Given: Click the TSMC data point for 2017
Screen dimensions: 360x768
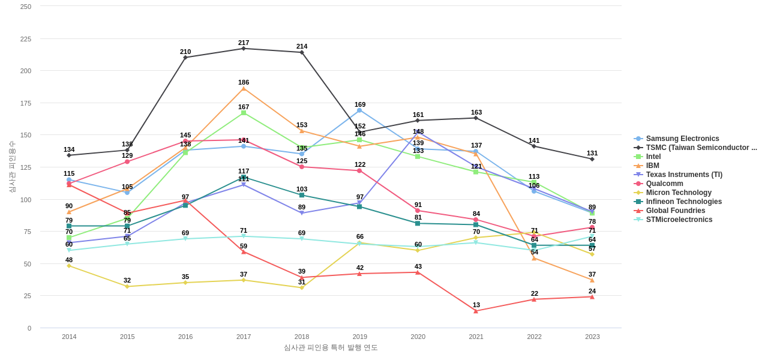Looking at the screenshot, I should [x=244, y=49].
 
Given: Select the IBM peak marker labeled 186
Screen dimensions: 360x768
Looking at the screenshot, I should [x=244, y=89].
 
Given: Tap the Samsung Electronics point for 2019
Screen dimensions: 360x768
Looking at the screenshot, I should [x=359, y=110].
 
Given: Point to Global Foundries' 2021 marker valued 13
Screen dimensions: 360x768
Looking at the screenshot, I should [x=476, y=311].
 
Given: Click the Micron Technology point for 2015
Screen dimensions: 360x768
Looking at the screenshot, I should [x=127, y=286].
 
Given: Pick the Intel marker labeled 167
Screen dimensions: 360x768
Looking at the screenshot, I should [x=244, y=113].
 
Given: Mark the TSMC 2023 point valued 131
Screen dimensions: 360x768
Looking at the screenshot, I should [x=592, y=159].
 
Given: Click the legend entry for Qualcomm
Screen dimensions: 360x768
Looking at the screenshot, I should [x=664, y=184].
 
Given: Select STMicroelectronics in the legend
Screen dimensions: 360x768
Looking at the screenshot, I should [x=679, y=220].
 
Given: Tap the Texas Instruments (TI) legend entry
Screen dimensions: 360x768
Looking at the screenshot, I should [x=683, y=175].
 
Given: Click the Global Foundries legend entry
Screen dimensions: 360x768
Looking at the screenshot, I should [x=674, y=211].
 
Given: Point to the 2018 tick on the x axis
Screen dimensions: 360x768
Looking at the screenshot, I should [x=302, y=337].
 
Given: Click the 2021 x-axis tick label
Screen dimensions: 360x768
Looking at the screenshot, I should [x=476, y=337].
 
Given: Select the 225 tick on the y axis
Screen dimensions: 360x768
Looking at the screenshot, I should [x=26, y=39].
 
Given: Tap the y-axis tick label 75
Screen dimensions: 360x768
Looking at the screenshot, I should [x=28, y=232].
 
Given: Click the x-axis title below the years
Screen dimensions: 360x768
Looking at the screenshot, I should [x=331, y=347].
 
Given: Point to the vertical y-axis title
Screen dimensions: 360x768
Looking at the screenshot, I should [x=12, y=167].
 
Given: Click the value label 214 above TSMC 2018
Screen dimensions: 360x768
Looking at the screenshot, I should [x=302, y=46].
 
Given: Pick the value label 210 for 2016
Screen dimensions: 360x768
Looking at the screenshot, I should [x=185, y=52].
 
